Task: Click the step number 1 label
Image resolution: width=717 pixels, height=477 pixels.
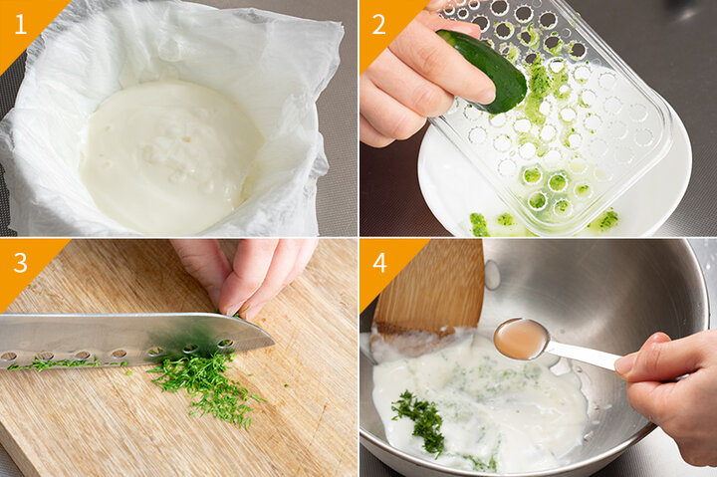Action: [x=21, y=24]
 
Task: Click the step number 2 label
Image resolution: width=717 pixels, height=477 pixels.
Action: [x=378, y=24]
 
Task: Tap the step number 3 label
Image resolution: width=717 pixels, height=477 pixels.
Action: [x=21, y=263]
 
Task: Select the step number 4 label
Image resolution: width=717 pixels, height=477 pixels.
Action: [x=379, y=263]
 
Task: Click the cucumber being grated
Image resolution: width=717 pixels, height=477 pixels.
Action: [x=485, y=70]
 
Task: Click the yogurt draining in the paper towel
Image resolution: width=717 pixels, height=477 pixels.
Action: [x=169, y=155]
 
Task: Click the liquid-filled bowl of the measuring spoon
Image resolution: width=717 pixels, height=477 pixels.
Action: [x=521, y=339]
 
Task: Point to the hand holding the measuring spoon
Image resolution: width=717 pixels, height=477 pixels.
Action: [x=667, y=393]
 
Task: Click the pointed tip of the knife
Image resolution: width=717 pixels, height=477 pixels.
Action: [x=275, y=344]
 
